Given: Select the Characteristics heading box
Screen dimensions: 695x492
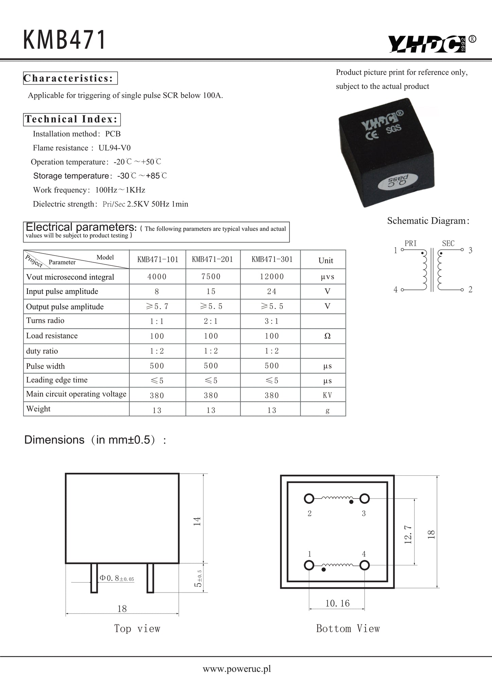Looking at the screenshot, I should (x=70, y=78).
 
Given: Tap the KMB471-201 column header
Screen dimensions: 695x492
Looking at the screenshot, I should (x=212, y=260).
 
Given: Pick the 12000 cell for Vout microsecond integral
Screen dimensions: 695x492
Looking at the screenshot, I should (x=271, y=277).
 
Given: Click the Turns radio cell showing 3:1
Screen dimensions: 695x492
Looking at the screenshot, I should (x=271, y=321).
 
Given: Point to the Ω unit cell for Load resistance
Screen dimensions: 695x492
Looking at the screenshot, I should (x=327, y=336).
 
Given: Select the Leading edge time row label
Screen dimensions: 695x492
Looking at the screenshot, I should (x=57, y=380).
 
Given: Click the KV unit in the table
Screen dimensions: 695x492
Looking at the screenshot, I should (x=327, y=395).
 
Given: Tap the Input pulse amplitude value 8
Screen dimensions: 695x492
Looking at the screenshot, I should (x=157, y=292).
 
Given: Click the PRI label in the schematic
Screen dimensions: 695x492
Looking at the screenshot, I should (x=410, y=243).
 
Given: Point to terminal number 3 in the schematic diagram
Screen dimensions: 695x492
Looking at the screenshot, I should (x=470, y=250).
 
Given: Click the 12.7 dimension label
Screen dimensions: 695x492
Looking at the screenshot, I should (x=408, y=534).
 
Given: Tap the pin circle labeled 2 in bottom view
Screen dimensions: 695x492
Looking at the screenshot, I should (x=309, y=499).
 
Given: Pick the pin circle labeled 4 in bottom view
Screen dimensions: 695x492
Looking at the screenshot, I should (x=364, y=565).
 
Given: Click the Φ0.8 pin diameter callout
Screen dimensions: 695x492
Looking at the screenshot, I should (x=116, y=578).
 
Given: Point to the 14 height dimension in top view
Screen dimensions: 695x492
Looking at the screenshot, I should (x=197, y=521).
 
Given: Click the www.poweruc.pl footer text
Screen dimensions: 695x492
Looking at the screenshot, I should (x=237, y=669).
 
